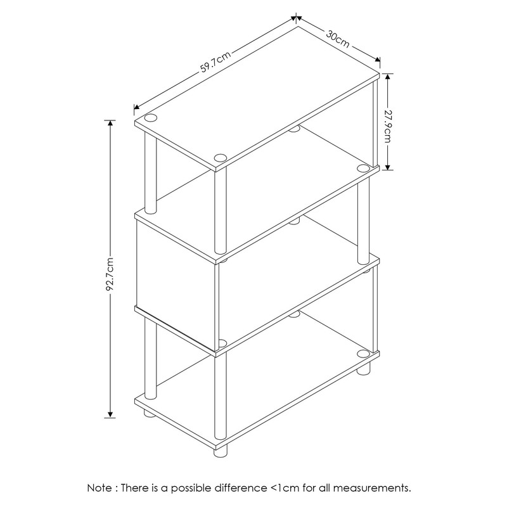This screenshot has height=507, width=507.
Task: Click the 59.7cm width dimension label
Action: [x=215, y=61]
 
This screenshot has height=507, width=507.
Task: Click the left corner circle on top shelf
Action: [x=151, y=118]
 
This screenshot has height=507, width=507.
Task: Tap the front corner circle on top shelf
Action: [x=220, y=157]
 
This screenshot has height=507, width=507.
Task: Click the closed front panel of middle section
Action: [x=176, y=279]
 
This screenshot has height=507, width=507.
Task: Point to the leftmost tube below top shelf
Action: [x=151, y=174]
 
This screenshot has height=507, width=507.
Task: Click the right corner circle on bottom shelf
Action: [x=363, y=353]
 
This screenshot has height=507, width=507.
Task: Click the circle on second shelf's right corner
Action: [x=363, y=168]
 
